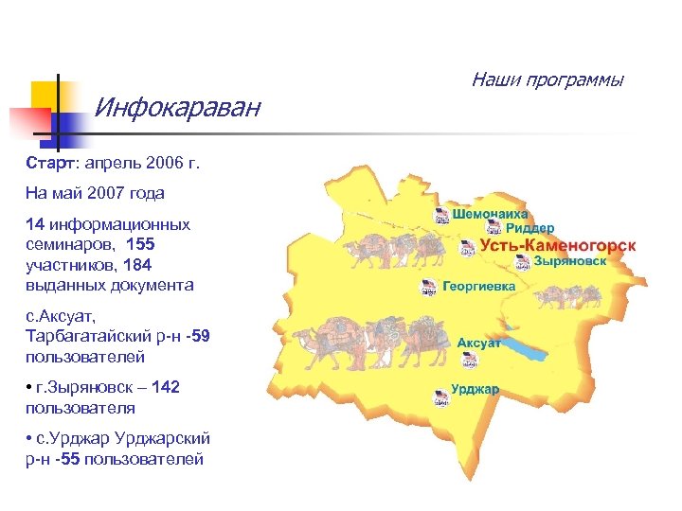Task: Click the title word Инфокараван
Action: [x=177, y=108]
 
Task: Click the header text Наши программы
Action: [x=547, y=79]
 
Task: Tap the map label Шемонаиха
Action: [x=490, y=215]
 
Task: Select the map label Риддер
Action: [x=529, y=229]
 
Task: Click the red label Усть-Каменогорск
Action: [x=557, y=246]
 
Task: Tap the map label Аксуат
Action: [x=479, y=343]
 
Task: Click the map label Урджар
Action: [x=476, y=389]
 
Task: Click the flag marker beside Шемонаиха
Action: [x=441, y=216]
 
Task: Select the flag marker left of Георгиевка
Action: [x=427, y=286]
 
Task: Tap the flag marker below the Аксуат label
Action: [x=469, y=360]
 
